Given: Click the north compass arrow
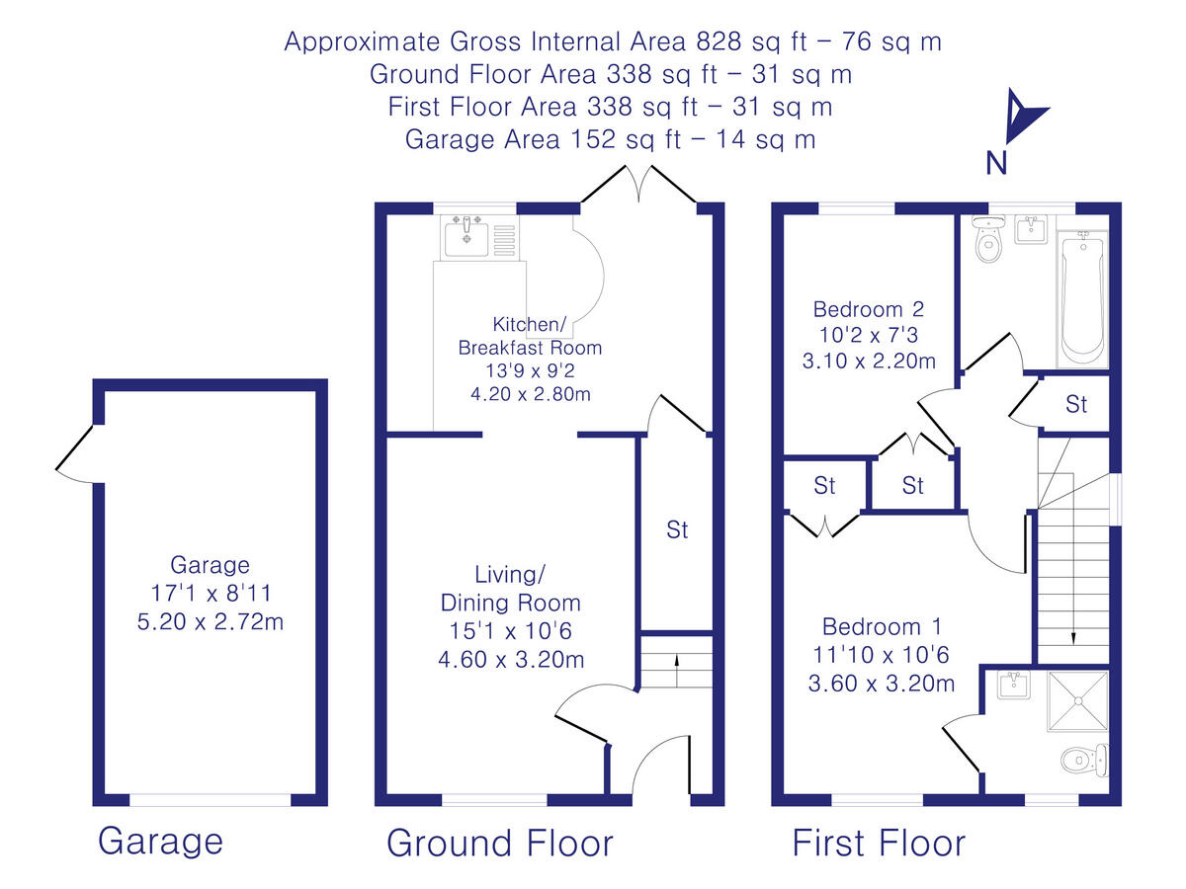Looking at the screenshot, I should [x=1019, y=117].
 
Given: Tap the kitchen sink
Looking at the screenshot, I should [x=465, y=238].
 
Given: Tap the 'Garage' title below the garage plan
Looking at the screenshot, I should [x=160, y=842].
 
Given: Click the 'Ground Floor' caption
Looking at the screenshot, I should [x=499, y=844].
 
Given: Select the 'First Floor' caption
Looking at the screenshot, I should [x=879, y=844].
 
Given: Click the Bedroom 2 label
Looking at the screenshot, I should [x=869, y=307].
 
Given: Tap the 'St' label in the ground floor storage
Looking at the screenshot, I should [x=677, y=530].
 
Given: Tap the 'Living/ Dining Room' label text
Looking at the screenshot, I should [x=511, y=589].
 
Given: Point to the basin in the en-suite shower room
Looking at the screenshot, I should [x=1010, y=686].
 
